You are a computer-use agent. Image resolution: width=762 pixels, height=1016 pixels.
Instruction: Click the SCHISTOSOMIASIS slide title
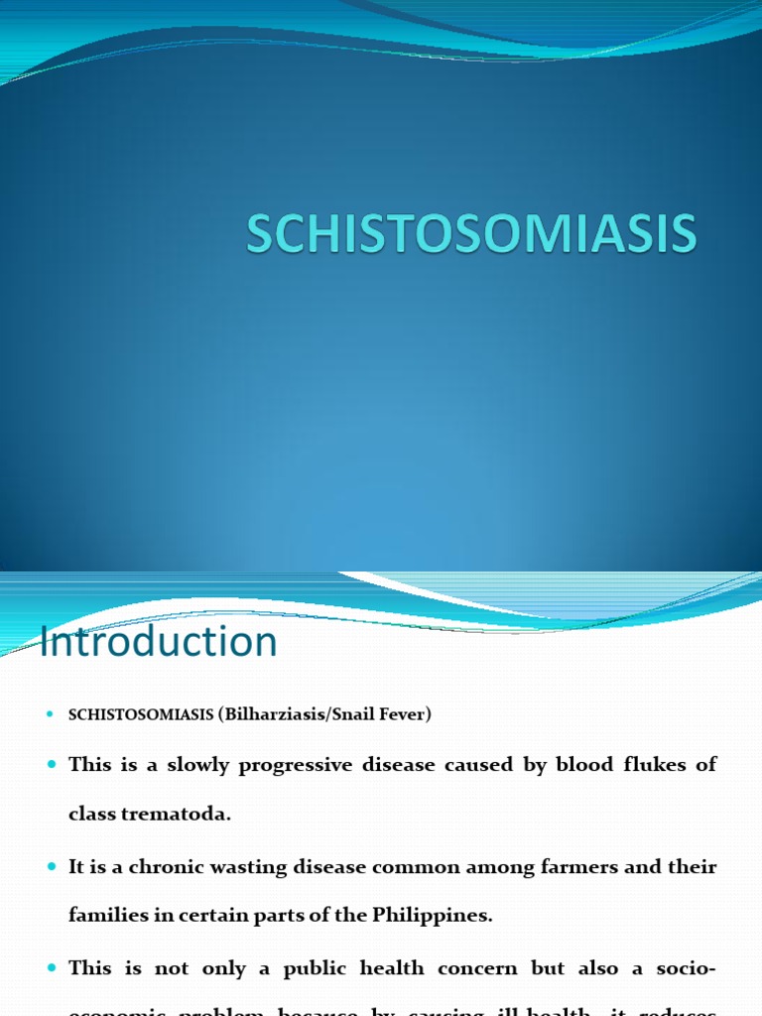coord(471,235)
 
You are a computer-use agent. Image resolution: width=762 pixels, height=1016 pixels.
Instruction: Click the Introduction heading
coord(159,642)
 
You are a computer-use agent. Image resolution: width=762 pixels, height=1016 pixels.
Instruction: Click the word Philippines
coord(433,916)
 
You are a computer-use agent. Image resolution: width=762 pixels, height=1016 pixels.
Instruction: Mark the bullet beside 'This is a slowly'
coord(52,766)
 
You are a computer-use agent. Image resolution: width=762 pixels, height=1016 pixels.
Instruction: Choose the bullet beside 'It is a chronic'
coord(52,867)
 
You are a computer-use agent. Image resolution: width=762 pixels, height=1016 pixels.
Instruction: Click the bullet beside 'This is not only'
coord(52,968)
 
